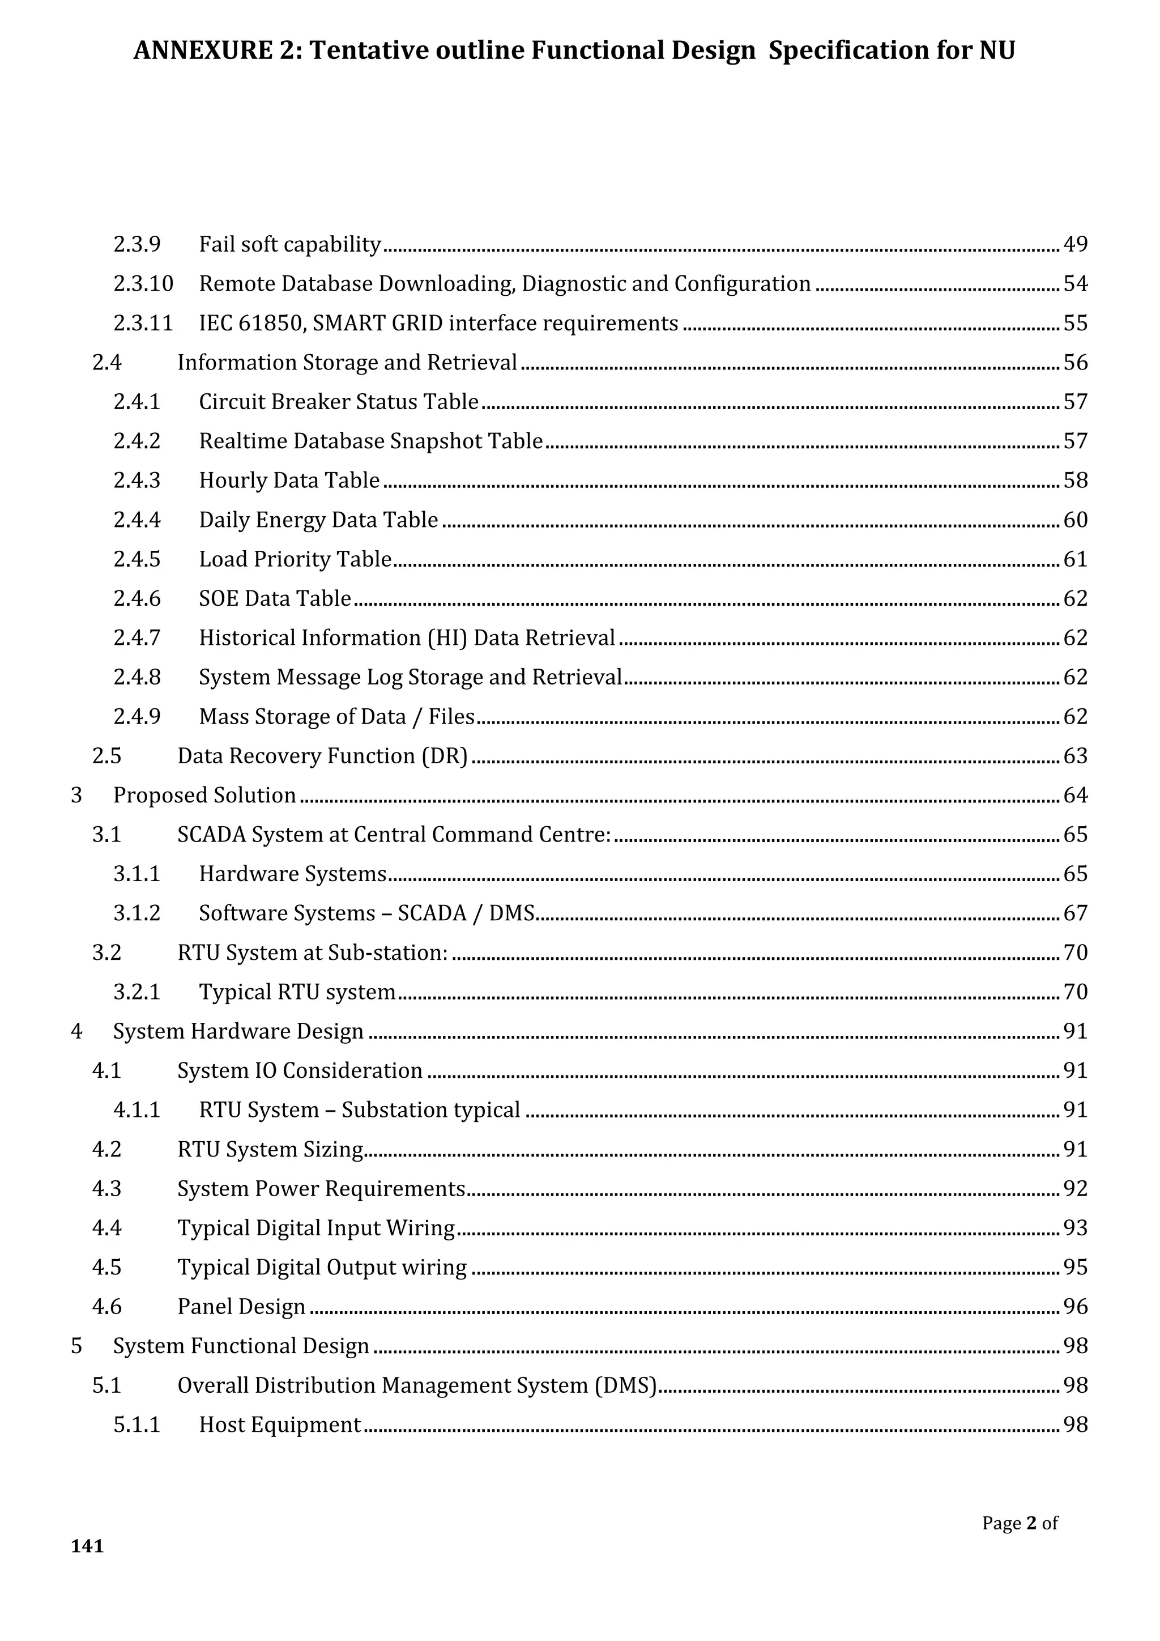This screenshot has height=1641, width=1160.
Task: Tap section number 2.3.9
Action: [x=137, y=244]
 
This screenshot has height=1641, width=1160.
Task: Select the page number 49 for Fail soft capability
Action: [x=1075, y=244]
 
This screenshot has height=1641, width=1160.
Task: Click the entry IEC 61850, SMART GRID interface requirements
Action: [x=438, y=323]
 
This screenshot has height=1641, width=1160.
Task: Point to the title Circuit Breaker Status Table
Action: [x=339, y=402]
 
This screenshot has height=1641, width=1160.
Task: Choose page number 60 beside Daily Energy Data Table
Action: [x=1075, y=520]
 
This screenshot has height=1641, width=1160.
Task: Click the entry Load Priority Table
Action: [x=295, y=559]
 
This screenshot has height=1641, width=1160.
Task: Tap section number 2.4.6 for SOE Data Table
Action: [x=137, y=598]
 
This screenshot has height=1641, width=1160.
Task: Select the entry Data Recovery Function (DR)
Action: [x=322, y=755]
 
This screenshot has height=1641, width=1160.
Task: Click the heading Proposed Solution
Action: [x=204, y=795]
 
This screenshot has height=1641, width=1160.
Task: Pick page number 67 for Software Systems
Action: [x=1075, y=913]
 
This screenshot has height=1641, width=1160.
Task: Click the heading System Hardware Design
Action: [x=238, y=1031]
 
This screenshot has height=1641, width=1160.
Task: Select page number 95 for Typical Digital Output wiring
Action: [x=1075, y=1266]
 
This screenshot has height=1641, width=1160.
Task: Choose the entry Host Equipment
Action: [x=280, y=1424]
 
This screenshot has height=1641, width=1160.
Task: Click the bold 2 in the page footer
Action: [x=1031, y=1523]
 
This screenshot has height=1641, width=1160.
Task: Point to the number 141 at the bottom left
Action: [x=87, y=1546]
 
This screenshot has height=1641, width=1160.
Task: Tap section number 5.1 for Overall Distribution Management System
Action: [x=106, y=1384]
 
